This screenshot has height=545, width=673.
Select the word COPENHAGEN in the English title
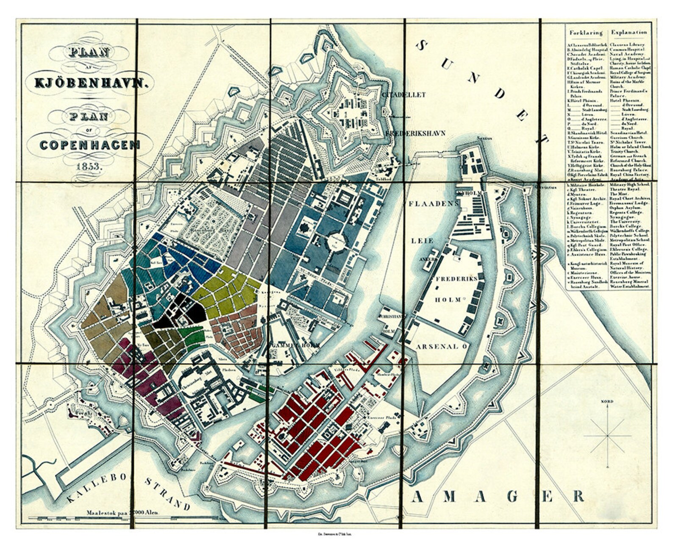coord(90,145)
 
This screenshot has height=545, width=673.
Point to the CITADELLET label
coord(403,95)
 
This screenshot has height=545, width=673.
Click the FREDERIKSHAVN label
coord(415,133)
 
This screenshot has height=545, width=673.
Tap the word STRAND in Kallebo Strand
coord(167,494)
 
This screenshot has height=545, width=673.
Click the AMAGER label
coord(498,496)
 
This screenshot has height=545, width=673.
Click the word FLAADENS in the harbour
coord(434,203)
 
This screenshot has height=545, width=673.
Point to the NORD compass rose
coord(608,434)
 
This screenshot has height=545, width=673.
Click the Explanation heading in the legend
coord(629,32)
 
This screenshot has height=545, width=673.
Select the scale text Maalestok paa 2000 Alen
coord(123,512)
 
